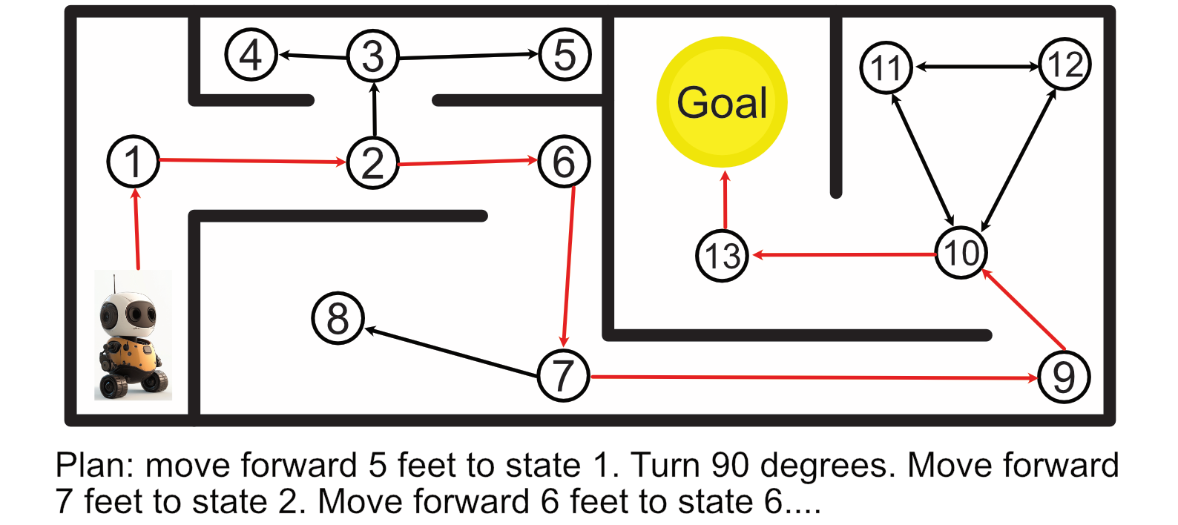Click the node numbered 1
point(133,162)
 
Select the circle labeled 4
point(251,54)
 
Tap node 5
point(565,54)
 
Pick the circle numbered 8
point(338,318)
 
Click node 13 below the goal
point(722,256)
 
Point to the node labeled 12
point(1065,64)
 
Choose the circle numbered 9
point(1064,377)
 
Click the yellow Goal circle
point(722,102)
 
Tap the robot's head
point(128,314)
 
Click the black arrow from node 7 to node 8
point(451,352)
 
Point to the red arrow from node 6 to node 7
point(568,266)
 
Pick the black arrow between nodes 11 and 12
point(977,67)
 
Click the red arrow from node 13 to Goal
point(725,199)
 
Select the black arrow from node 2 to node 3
point(374,109)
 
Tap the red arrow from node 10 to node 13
point(844,255)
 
